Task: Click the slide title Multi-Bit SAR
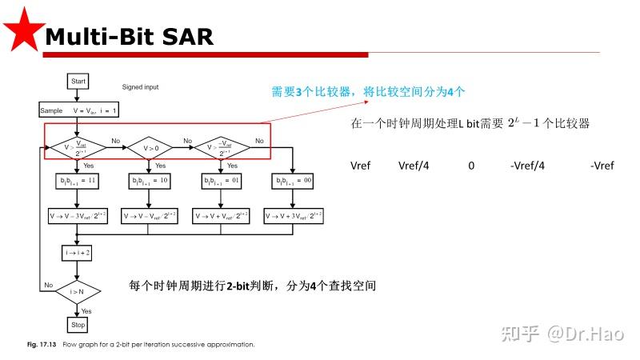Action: [128, 36]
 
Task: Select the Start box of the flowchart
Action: [78, 82]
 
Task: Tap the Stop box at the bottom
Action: [78, 325]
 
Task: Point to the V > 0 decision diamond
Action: [150, 147]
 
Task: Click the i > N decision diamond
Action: [78, 292]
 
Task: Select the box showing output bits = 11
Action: [78, 182]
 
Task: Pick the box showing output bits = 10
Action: [150, 182]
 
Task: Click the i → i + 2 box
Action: [78, 252]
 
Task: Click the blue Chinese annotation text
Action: [366, 92]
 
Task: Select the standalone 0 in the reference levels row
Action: [471, 166]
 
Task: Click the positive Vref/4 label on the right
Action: [414, 166]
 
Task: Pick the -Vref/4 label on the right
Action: [528, 166]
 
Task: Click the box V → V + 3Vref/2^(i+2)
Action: [294, 216]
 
